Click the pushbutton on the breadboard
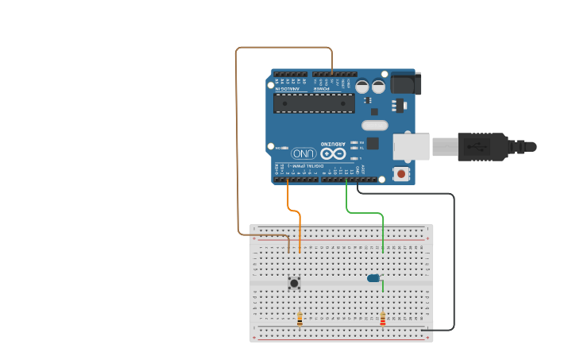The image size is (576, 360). click(294, 282)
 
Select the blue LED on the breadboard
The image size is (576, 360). click(373, 278)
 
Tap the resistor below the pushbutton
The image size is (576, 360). click(300, 319)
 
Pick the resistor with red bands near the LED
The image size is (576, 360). click(383, 319)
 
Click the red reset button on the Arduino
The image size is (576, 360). click(402, 173)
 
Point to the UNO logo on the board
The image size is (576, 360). click(303, 153)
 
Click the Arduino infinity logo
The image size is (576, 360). click(334, 153)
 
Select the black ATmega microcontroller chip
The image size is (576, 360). click(315, 103)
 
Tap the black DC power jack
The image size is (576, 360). click(405, 83)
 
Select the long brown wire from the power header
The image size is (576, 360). click(236, 143)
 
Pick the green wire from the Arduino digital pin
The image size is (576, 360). click(347, 203)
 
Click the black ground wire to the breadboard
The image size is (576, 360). click(454, 262)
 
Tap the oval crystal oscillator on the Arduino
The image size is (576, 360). click(374, 125)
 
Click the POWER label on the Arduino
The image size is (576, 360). click(321, 89)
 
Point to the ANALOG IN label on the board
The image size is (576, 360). click(288, 89)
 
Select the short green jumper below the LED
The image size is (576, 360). click(383, 287)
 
